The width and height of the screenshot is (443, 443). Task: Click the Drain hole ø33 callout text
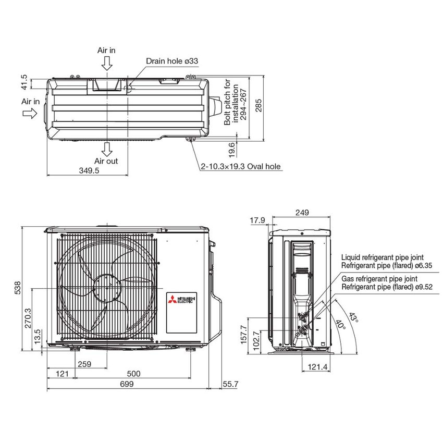point(172,61)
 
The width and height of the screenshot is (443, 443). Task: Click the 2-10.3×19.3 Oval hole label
point(241,167)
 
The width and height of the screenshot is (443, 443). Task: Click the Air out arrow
point(107,150)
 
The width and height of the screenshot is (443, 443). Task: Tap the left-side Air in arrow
point(30,114)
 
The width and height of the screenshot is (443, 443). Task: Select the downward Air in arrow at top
point(107,63)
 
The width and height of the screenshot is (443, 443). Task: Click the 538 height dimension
point(18,288)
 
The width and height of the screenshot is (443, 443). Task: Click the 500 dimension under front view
point(134,373)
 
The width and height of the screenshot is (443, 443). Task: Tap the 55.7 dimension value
point(229,384)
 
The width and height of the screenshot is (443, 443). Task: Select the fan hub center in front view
point(107,288)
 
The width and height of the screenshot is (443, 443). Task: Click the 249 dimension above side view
point(301,212)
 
